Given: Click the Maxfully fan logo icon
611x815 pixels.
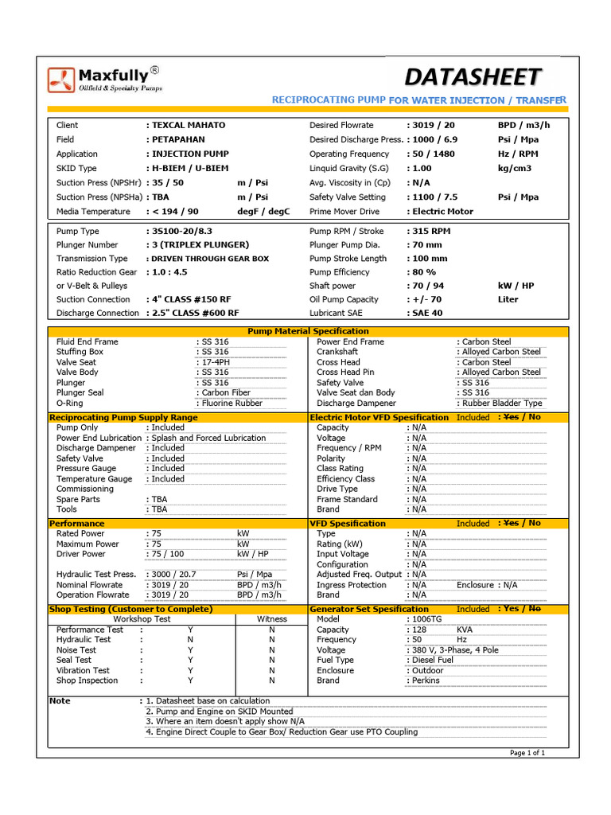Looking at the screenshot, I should (x=61, y=80).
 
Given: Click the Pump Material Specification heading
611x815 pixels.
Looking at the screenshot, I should (x=308, y=331).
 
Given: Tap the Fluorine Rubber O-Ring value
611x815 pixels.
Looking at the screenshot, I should (x=232, y=403).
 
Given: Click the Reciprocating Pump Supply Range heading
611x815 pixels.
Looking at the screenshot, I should (x=123, y=417).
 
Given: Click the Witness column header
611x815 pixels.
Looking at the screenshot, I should (x=272, y=618).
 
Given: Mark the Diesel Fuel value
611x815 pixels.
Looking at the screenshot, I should (x=432, y=660).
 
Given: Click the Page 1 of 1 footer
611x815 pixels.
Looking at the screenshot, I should (x=527, y=752).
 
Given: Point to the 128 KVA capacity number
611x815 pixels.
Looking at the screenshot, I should (x=418, y=629).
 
